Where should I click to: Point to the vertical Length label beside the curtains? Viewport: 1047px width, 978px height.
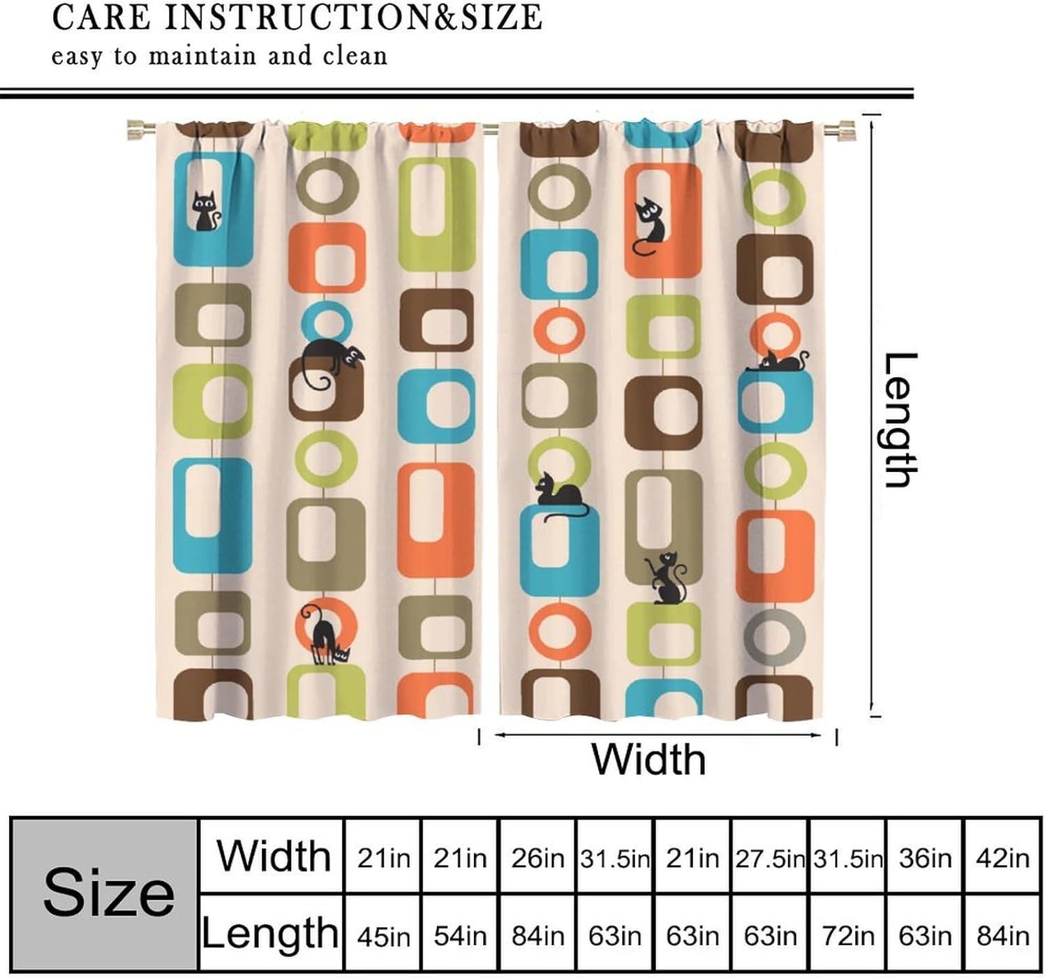tap(900, 420)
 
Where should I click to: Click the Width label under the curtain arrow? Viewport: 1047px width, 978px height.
tap(648, 760)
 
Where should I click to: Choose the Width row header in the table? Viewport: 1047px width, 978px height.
tap(273, 856)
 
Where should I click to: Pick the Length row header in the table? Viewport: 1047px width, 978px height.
tap(271, 933)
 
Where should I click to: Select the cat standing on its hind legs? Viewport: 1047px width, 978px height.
tap(665, 577)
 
